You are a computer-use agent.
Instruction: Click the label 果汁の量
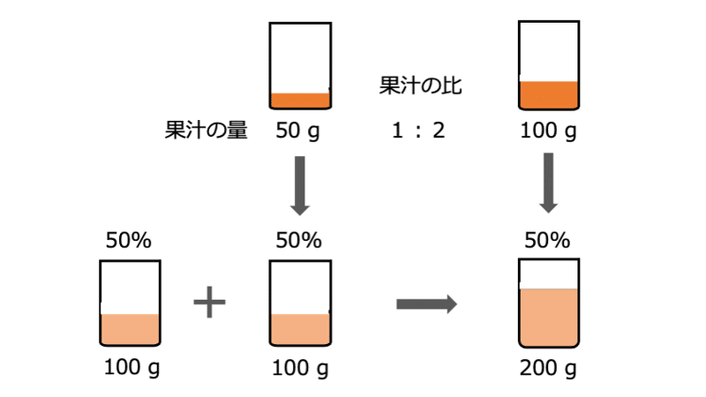[206, 131]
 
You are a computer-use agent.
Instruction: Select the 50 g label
[299, 131]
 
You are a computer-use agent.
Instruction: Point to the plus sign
[209, 303]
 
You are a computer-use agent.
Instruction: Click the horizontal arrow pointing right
[425, 304]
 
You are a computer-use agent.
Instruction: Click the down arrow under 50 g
[299, 185]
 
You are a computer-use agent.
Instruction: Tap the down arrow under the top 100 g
[548, 183]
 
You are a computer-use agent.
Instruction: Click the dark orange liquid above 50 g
[300, 100]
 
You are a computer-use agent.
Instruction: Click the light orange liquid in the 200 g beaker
[548, 318]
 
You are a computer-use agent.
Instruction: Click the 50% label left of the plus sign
[129, 240]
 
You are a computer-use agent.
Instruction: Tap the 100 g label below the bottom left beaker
[129, 367]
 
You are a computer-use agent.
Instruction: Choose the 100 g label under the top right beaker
[548, 131]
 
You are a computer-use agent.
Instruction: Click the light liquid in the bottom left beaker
[130, 329]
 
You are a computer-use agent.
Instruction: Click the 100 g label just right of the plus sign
[299, 367]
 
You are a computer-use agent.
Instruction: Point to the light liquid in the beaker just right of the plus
[300, 329]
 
